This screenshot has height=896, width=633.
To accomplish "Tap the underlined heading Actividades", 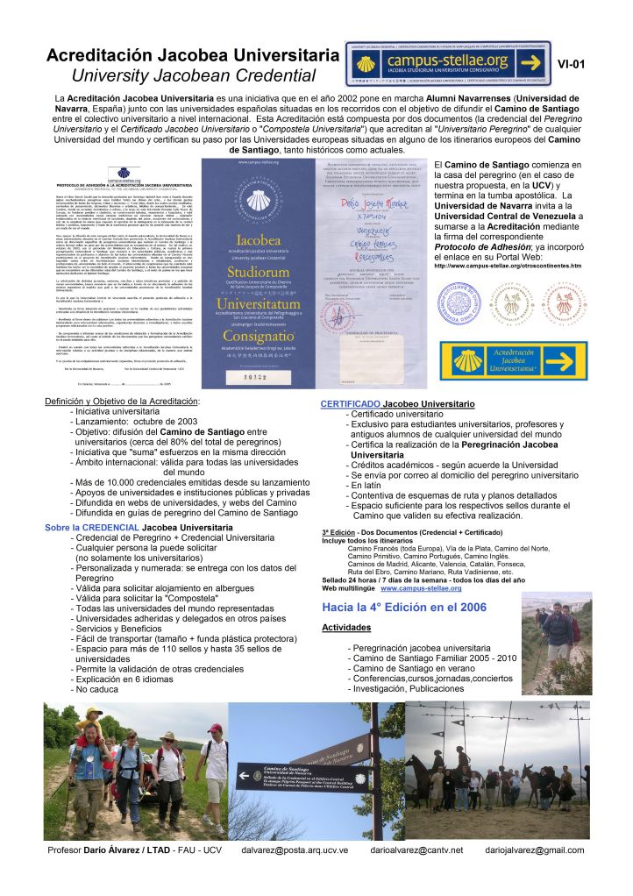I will pyautogui.click(x=346, y=628).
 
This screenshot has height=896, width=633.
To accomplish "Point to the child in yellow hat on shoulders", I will pyautogui.click(x=90, y=727).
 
